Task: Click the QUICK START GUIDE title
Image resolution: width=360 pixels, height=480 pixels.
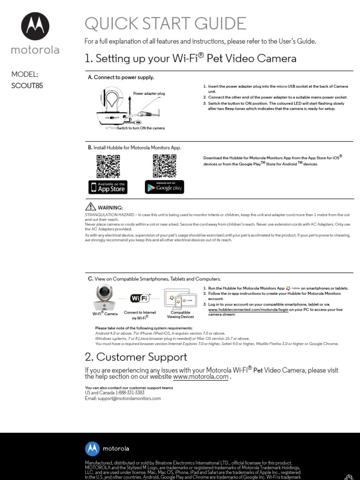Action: (165, 23)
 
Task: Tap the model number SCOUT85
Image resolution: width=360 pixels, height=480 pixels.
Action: (27, 86)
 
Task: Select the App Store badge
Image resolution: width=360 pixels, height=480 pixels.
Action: (108, 187)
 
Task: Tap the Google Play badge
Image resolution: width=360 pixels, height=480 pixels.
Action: (164, 187)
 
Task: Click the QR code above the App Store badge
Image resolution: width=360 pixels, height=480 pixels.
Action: (108, 166)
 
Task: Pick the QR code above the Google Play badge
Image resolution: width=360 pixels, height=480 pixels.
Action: (164, 166)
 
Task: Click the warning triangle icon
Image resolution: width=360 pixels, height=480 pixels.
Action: (90, 207)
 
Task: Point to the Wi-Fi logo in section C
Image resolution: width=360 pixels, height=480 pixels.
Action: (141, 298)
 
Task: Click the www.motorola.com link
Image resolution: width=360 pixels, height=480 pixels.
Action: (201, 377)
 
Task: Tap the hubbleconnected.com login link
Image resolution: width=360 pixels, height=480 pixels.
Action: (247, 310)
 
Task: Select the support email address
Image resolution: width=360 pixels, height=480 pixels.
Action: (123, 398)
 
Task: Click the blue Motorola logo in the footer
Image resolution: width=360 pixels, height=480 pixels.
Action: (92, 449)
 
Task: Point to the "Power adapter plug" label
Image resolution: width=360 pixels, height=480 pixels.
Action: (149, 94)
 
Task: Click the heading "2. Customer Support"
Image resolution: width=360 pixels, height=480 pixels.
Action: (136, 357)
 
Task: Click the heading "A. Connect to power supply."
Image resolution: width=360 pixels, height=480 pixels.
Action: (121, 77)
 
